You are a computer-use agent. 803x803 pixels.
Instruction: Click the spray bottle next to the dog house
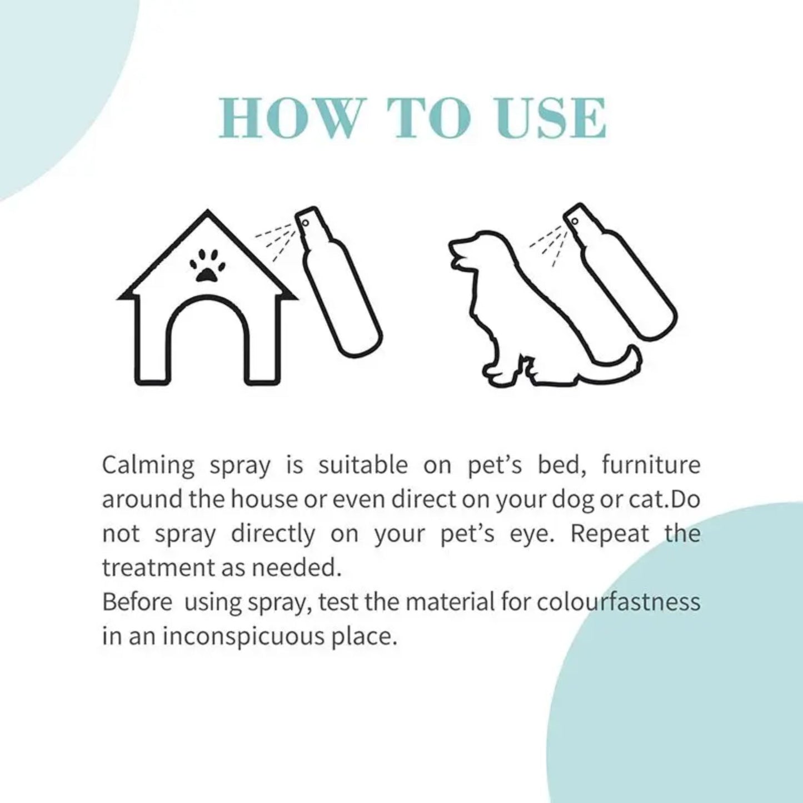coord(339,283)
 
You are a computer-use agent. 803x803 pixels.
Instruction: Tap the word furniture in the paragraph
coord(651,465)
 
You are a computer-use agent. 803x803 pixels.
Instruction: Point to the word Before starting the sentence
coord(137,602)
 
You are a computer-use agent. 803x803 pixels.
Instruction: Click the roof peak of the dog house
coord(207,215)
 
